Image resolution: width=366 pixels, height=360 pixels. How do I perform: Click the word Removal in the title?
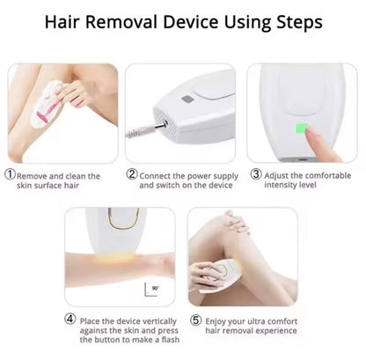click(122, 22)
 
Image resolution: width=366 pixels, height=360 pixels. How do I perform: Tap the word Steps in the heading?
click(299, 23)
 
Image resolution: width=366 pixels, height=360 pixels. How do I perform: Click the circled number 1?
click(10, 174)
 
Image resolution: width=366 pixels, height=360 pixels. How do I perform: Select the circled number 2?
click(132, 174)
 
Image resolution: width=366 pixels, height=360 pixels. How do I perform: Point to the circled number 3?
click(256, 174)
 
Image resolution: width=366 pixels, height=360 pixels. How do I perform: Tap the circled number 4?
click(70, 319)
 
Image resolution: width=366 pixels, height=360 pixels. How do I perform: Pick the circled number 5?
click(195, 320)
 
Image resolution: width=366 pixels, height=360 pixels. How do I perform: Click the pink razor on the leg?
click(47, 112)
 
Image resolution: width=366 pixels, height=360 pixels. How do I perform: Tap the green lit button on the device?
click(302, 129)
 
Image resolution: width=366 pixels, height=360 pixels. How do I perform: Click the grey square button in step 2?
click(187, 99)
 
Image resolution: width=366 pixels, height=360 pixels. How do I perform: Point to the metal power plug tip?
click(161, 126)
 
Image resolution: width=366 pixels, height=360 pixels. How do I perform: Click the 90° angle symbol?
click(151, 290)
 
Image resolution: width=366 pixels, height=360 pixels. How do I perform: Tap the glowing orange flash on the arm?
click(116, 258)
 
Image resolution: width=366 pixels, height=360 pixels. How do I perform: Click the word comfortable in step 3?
click(328, 175)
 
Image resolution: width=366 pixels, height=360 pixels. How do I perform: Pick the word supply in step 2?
click(225, 177)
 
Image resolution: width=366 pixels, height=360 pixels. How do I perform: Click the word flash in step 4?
click(171, 340)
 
